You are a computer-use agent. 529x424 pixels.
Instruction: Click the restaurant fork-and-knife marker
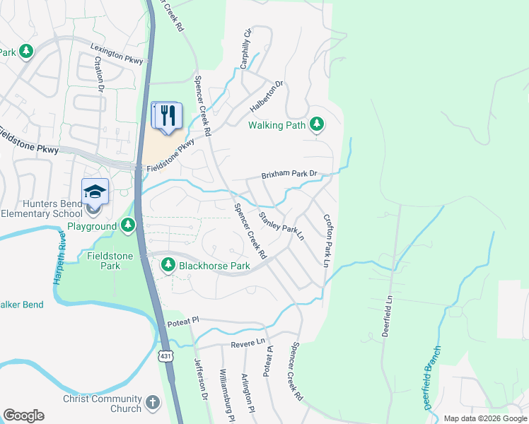pos(167,116)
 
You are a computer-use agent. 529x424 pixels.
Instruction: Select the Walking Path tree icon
pos(318,125)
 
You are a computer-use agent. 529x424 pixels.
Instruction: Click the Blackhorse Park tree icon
pos(168,266)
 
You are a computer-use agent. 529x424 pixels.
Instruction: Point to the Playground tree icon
pos(128,226)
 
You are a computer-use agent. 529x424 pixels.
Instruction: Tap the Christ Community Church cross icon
pos(153,404)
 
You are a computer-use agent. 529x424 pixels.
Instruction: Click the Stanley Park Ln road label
pos(281,226)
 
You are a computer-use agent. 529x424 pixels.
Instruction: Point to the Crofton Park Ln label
pos(327,240)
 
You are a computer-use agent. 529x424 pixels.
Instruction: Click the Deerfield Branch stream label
pos(433,377)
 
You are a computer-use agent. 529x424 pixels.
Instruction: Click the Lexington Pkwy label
pos(117,54)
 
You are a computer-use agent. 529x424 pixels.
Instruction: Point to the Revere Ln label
pos(247,344)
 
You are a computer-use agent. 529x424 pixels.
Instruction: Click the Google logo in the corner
pos(23,415)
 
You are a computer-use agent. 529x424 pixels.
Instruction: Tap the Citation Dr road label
pos(99,73)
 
